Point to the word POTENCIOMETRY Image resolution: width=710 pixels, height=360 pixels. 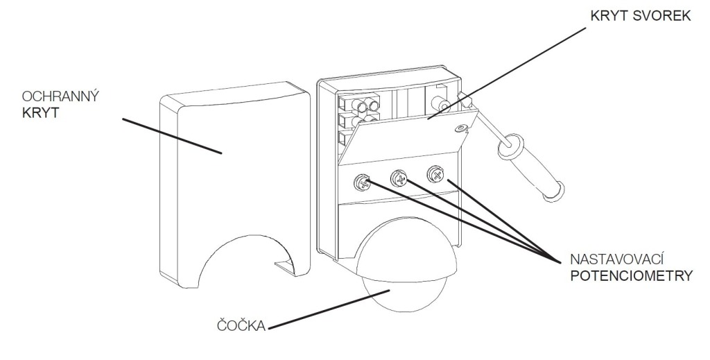630,275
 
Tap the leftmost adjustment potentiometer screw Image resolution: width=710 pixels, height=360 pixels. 362,182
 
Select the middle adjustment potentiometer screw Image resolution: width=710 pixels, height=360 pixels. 399,178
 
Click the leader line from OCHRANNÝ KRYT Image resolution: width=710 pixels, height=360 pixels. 173,135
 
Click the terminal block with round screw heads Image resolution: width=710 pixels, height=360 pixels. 361,111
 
